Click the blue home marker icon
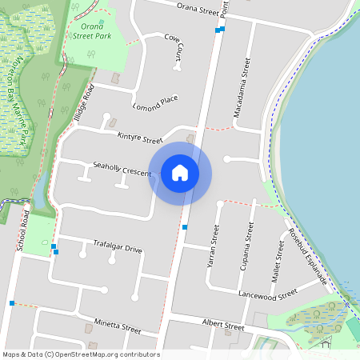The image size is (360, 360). [180, 173]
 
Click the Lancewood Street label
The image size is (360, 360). [273, 294]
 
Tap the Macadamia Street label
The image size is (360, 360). [242, 88]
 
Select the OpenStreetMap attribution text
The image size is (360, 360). [81, 354]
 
